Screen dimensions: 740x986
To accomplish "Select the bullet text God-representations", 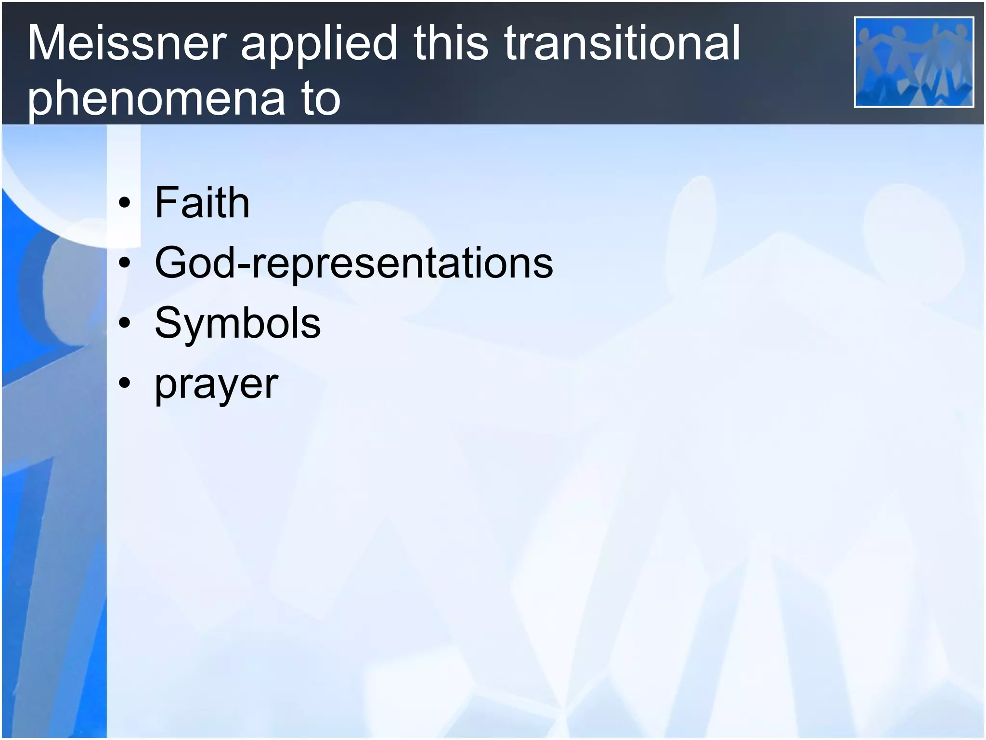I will click(354, 263).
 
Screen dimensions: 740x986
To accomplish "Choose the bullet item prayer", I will click(216, 385).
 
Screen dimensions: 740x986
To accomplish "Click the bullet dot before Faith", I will click(125, 203).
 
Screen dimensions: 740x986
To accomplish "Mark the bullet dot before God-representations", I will click(125, 264).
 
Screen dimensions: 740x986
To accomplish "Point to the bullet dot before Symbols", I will click(125, 323).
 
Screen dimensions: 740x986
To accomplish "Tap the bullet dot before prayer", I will click(125, 383).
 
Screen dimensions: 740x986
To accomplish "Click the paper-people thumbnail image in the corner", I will click(914, 62).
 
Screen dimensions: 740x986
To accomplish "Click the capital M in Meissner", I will click(47, 43).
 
